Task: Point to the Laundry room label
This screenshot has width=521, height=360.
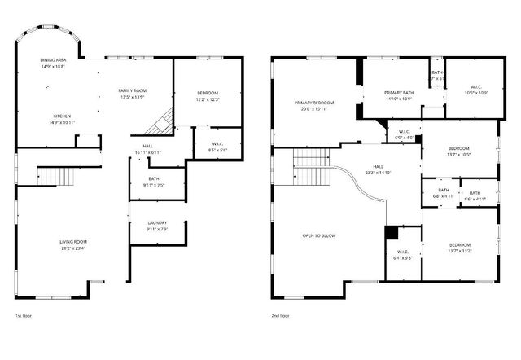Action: click(157, 222)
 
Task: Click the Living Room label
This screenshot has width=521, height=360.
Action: click(73, 241)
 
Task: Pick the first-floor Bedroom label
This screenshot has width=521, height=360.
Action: click(208, 94)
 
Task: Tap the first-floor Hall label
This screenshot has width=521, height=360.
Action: click(148, 146)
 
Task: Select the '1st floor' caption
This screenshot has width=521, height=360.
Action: click(23, 315)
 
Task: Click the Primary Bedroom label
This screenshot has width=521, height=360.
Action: click(314, 102)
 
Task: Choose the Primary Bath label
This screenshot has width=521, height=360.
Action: click(399, 92)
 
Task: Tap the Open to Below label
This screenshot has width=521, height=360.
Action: click(319, 235)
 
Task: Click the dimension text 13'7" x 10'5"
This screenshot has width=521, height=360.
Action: click(458, 155)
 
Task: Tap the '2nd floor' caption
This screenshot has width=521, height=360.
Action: click(280, 315)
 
